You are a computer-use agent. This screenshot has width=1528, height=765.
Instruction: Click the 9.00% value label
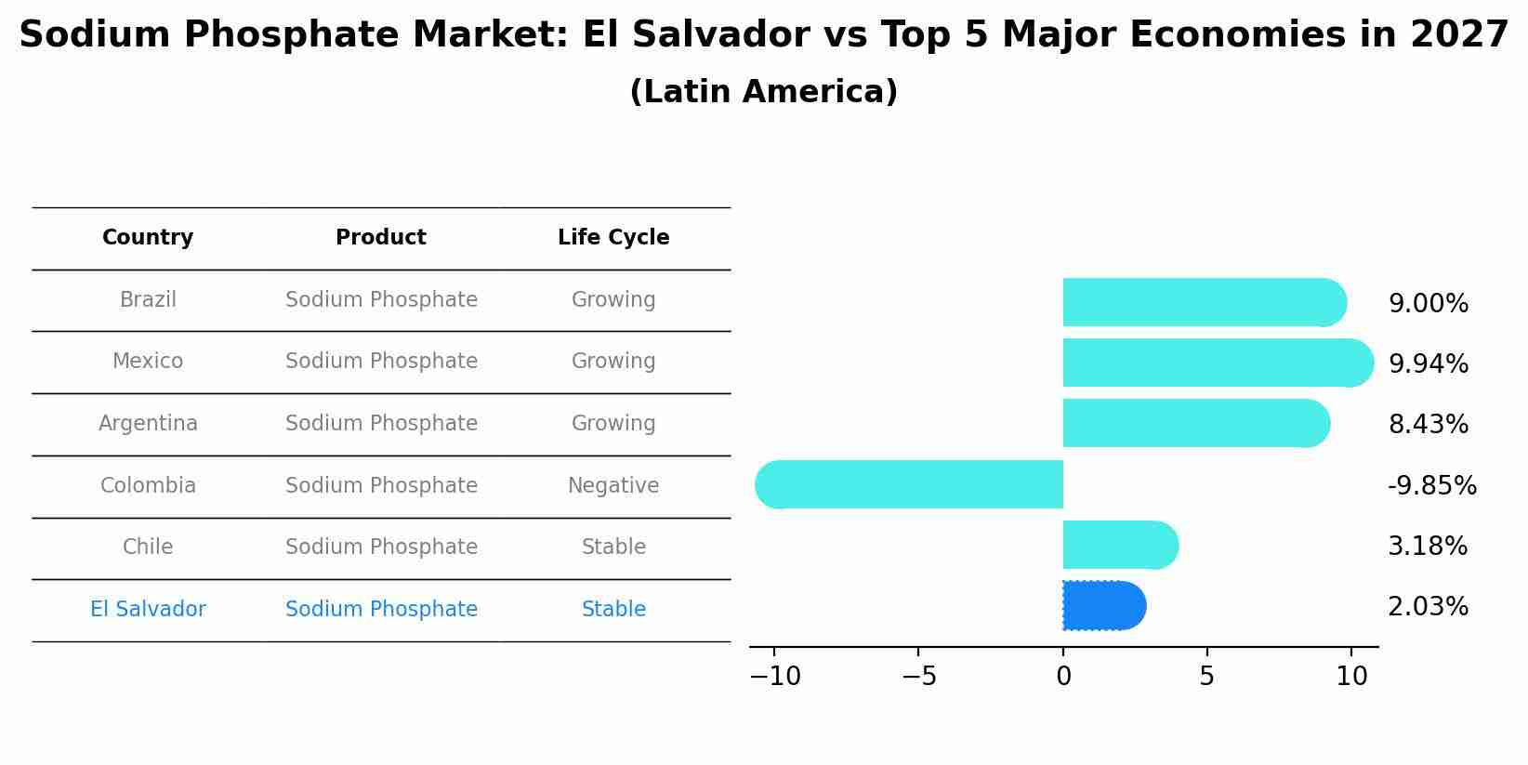coord(1428,304)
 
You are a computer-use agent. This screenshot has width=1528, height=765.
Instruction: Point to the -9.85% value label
coord(1431,485)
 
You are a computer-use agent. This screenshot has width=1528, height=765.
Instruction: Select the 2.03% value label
coord(1428,607)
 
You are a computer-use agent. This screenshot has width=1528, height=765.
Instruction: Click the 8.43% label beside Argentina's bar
coord(1428,425)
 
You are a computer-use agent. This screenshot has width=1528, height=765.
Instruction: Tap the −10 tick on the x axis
coord(775,677)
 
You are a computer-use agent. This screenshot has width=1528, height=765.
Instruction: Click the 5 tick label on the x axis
coord(1206,677)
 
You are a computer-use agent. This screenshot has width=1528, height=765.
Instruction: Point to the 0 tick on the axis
coord(1063,677)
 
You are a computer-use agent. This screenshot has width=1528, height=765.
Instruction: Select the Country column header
coord(148,238)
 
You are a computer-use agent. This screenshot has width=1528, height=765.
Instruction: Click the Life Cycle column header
coord(613,238)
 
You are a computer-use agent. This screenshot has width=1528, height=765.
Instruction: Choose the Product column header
coord(381,238)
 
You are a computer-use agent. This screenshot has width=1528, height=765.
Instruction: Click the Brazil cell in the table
coord(148,300)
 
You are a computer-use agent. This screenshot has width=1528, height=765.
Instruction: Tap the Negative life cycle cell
coord(613,485)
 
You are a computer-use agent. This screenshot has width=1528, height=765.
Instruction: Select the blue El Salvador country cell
coord(148,609)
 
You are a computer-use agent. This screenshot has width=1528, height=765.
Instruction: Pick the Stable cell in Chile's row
coord(613,547)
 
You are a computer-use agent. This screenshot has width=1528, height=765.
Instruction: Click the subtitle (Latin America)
coord(763,92)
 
